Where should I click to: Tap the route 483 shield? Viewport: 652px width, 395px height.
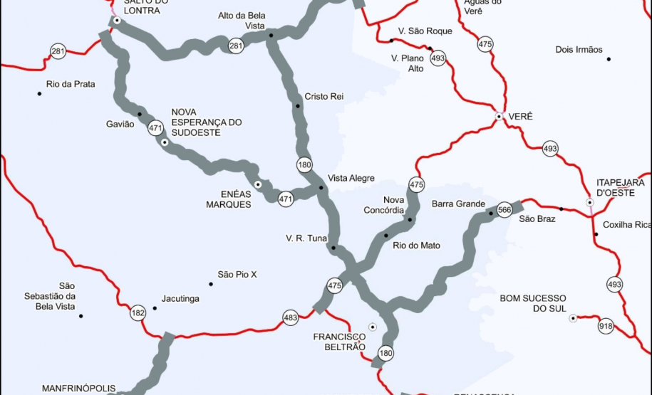(x=290, y=318)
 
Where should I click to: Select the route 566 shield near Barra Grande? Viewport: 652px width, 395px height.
(x=504, y=210)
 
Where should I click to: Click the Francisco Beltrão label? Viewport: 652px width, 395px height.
(x=339, y=342)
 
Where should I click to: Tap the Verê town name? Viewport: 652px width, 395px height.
(x=521, y=116)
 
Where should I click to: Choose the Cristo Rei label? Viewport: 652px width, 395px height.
(x=324, y=96)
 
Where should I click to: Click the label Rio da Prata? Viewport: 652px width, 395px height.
(x=71, y=84)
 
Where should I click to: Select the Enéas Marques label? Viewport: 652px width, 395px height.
(x=229, y=199)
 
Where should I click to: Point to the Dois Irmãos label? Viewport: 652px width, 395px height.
(x=579, y=50)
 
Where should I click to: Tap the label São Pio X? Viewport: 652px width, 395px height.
(x=237, y=274)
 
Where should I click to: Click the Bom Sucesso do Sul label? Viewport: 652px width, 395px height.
(x=533, y=302)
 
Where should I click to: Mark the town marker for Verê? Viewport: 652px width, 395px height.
(x=500, y=116)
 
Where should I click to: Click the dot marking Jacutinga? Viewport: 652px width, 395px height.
(x=155, y=308)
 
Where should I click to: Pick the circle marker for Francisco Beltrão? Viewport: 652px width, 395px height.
(x=372, y=327)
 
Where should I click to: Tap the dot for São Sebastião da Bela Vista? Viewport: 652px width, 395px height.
(x=81, y=316)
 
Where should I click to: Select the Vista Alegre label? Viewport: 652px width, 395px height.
(x=351, y=179)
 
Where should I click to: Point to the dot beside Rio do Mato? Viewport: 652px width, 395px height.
(x=386, y=236)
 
